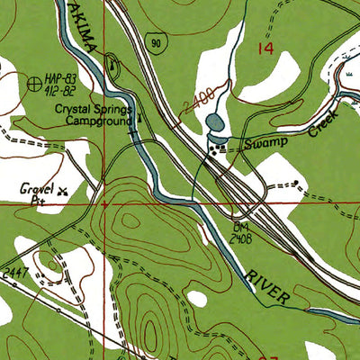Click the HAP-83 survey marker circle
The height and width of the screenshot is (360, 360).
tap(35, 84)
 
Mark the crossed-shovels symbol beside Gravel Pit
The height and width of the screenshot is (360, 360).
tap(62, 190)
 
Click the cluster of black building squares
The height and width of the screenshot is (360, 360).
tap(216, 149)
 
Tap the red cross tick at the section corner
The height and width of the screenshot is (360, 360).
tap(105, 204)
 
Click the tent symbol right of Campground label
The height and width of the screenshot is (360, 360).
tap(139, 116)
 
